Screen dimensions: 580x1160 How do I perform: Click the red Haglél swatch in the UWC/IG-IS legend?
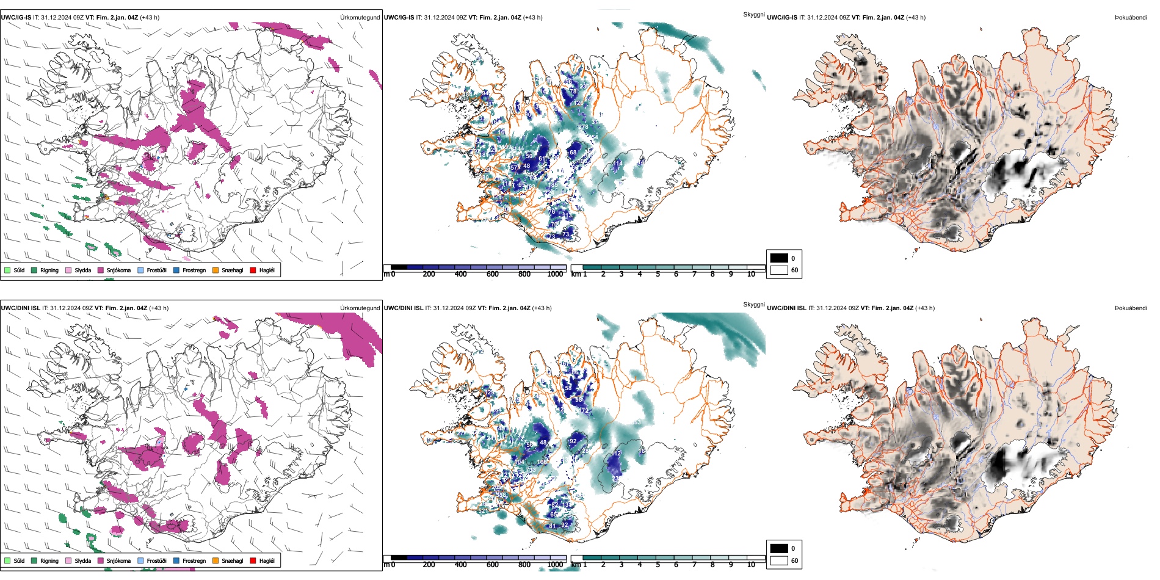point(253,270)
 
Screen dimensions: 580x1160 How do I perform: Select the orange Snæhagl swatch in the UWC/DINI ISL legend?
point(216,560)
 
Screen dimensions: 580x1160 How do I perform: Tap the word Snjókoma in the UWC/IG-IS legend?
point(118,270)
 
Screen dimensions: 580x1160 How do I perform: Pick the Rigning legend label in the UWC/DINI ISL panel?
point(49,561)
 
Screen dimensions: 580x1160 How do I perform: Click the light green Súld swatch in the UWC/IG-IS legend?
point(7,270)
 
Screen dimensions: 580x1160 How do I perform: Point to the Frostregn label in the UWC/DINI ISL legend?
point(194,561)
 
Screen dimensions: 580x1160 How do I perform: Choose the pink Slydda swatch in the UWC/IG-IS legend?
point(68,270)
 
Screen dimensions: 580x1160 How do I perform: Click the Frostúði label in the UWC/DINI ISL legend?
point(156,561)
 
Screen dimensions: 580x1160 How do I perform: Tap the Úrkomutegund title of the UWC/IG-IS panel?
point(360,18)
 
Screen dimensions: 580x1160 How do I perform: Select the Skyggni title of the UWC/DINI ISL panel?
point(753,304)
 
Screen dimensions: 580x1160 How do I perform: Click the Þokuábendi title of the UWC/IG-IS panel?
point(1131,18)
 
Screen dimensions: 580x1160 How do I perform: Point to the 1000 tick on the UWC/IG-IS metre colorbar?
point(555,274)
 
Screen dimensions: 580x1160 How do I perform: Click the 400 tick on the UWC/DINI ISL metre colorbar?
point(460,565)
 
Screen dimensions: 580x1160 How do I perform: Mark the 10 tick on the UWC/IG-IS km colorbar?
point(751,274)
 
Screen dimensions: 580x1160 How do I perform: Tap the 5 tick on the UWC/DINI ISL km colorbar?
point(658,565)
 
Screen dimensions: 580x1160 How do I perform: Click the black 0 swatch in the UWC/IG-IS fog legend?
point(779,258)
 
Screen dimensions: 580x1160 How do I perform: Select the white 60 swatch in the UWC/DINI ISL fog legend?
point(779,560)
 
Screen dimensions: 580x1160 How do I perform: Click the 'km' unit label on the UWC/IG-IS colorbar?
point(576,274)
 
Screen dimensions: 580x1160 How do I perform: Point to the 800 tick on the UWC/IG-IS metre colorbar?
point(524,274)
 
